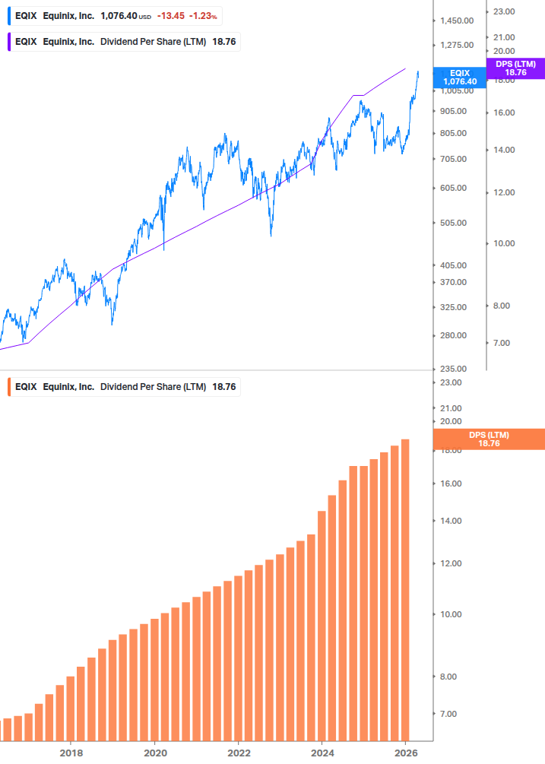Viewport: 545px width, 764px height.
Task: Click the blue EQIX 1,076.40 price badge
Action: [x=459, y=77]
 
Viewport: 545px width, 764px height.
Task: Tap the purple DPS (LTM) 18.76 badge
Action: [x=515, y=68]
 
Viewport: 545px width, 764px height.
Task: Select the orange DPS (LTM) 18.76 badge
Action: [x=489, y=439]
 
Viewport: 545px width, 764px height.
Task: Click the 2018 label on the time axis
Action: [x=71, y=753]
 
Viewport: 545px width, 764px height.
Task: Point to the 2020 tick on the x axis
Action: [x=154, y=753]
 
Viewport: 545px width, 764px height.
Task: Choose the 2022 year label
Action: [x=239, y=753]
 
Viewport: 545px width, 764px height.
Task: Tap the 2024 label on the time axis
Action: [x=322, y=753]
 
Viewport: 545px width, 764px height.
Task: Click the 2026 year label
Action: [x=407, y=753]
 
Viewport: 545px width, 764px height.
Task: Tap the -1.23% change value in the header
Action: [x=204, y=16]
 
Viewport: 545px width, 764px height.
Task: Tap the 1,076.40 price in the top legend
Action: [x=119, y=16]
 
